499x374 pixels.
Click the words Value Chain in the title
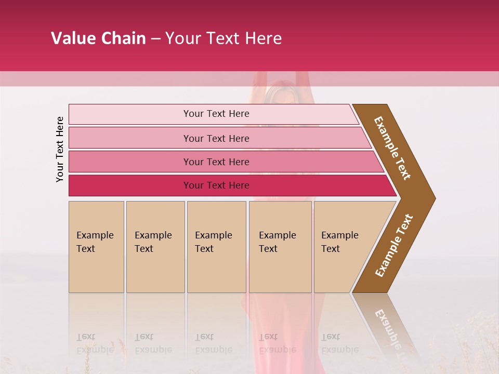coord(98,38)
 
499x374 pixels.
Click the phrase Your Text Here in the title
coord(224,38)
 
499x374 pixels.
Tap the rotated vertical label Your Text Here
coord(60,149)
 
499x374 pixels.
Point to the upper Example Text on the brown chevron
coord(392,148)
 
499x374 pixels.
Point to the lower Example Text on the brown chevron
coord(394,245)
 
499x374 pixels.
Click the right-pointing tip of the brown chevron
coord(432,198)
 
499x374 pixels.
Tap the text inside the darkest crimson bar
coord(216,185)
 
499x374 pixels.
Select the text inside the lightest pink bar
coord(216,114)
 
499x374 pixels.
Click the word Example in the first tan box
coord(95,235)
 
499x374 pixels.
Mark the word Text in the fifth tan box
coord(331,249)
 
